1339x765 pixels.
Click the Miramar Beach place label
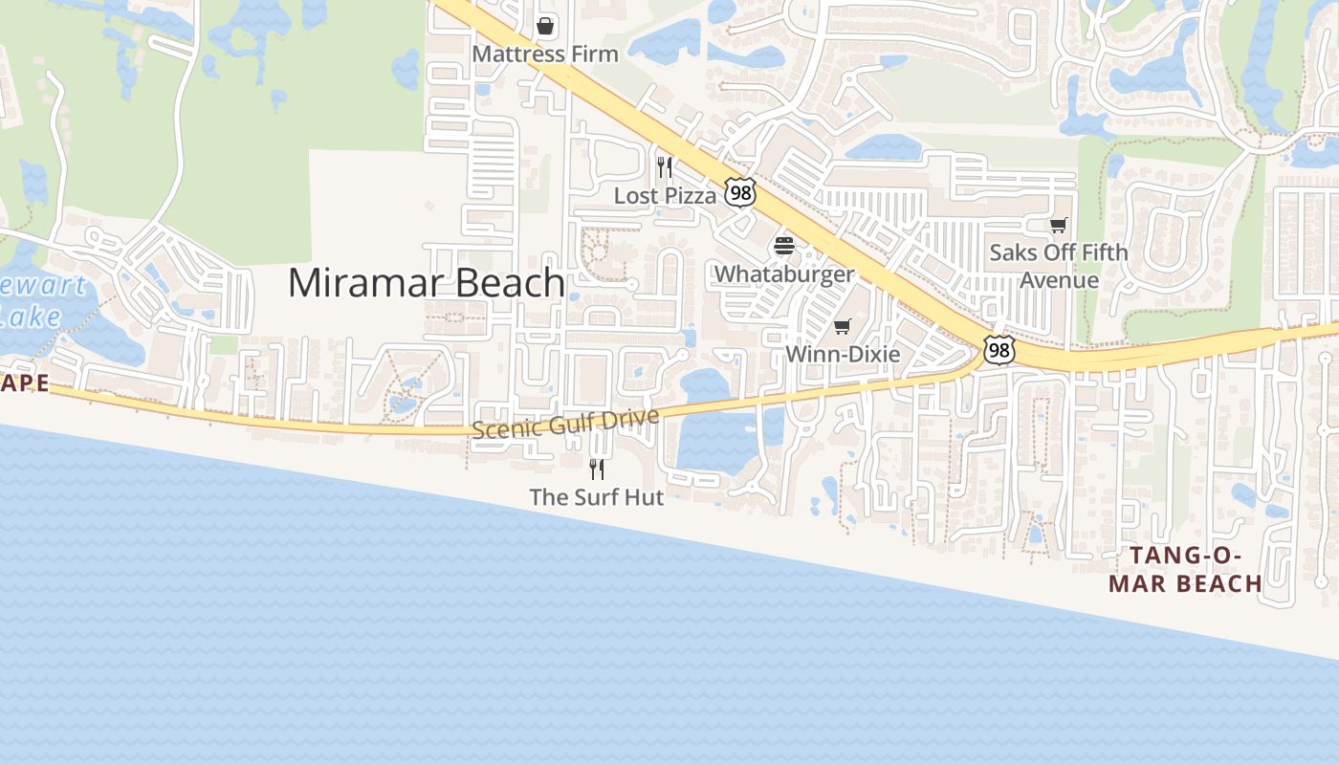(x=426, y=283)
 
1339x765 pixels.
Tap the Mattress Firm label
(x=545, y=55)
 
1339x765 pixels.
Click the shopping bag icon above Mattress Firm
(x=545, y=26)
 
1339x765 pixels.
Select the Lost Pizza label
(x=665, y=196)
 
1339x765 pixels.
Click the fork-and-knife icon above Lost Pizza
(x=665, y=168)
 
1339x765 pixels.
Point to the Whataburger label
(x=784, y=274)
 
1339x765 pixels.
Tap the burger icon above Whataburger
(x=784, y=247)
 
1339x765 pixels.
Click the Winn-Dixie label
(x=843, y=355)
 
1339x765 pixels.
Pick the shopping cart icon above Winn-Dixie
(x=843, y=327)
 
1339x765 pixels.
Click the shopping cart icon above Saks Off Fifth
(x=1059, y=226)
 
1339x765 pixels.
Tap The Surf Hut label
(x=597, y=497)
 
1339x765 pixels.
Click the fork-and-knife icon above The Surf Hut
(x=597, y=470)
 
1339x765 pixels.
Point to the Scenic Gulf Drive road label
(x=566, y=423)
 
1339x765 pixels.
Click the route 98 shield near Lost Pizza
(x=739, y=192)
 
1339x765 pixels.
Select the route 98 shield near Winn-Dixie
(x=999, y=350)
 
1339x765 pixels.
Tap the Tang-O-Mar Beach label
(x=1186, y=569)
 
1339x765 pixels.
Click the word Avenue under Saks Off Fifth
(x=1059, y=280)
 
